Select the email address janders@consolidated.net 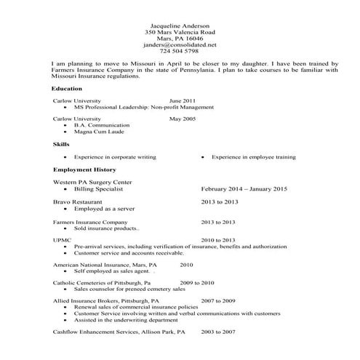point(180,44)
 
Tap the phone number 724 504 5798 point(180,51)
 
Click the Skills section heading point(61,145)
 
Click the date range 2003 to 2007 point(218,332)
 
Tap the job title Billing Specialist point(100,188)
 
